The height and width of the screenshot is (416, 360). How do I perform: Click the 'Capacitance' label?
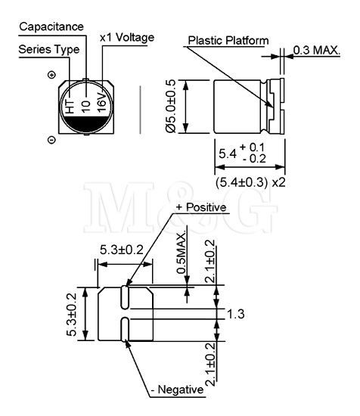click(x=51, y=26)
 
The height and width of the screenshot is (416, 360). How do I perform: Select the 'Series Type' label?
click(x=49, y=50)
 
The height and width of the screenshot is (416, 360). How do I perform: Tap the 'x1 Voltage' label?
click(x=127, y=38)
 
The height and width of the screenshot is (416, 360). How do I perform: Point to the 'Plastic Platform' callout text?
click(x=228, y=41)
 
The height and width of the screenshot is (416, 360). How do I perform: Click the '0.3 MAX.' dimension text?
click(x=317, y=50)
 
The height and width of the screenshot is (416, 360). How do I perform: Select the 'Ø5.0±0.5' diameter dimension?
click(x=171, y=106)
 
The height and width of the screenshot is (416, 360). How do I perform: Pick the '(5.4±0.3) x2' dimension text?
click(x=250, y=182)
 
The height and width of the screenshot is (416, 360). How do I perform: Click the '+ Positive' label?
click(x=201, y=207)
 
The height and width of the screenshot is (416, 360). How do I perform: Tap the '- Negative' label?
click(x=177, y=390)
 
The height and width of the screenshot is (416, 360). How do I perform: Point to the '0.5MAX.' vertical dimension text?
click(x=182, y=253)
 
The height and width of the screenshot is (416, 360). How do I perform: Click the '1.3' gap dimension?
click(x=236, y=314)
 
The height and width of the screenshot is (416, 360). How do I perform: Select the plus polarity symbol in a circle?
click(x=51, y=75)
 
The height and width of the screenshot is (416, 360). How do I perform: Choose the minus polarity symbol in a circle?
click(x=51, y=140)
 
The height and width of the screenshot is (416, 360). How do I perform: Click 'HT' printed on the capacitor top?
click(x=70, y=107)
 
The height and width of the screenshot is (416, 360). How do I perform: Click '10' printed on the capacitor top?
click(x=86, y=107)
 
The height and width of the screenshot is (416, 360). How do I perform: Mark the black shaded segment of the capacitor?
click(x=87, y=124)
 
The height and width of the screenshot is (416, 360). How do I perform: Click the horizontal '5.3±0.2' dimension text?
click(x=122, y=250)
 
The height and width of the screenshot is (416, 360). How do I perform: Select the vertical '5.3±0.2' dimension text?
click(x=72, y=315)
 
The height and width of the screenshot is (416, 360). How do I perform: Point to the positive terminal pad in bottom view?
click(x=124, y=297)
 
